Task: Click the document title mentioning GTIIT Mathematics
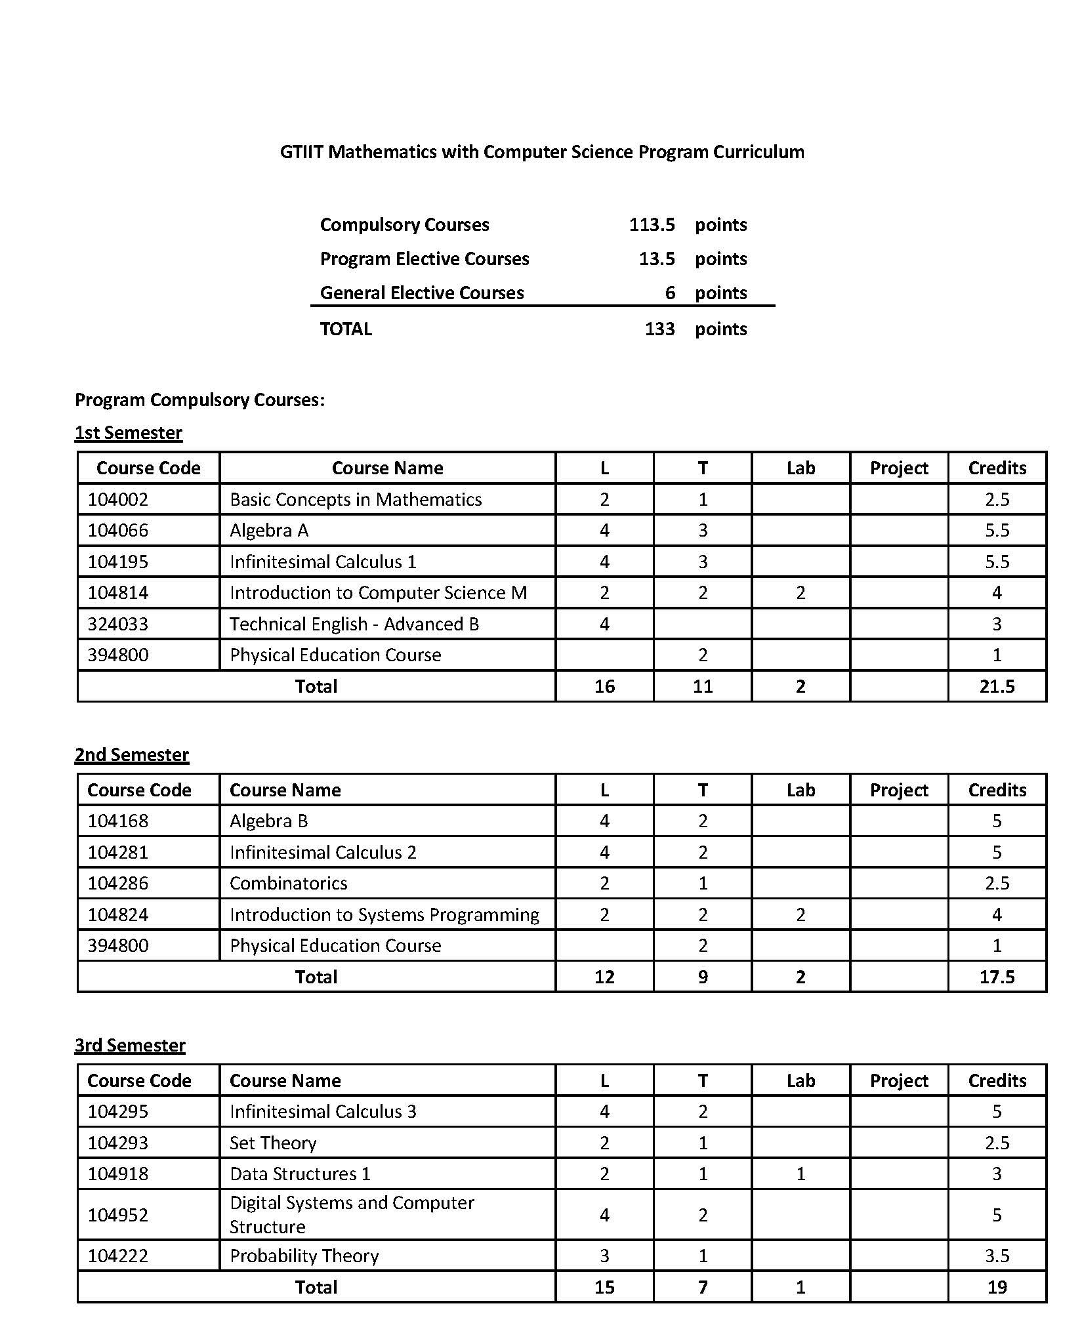542,152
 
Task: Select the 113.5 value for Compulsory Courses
652,225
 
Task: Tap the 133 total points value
659,329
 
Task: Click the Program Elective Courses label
425,259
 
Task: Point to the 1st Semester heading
129,433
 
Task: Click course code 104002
118,500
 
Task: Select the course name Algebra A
269,531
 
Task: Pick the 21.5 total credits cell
997,687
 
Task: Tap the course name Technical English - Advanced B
354,625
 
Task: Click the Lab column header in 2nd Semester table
800,790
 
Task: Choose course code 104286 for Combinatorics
118,884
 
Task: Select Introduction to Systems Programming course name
384,915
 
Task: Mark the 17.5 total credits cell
997,977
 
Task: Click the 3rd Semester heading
130,1045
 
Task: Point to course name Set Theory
273,1143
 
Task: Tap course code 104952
118,1215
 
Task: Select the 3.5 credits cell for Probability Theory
997,1256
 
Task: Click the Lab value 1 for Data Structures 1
800,1174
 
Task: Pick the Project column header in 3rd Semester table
899,1081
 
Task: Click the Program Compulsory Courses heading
199,400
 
